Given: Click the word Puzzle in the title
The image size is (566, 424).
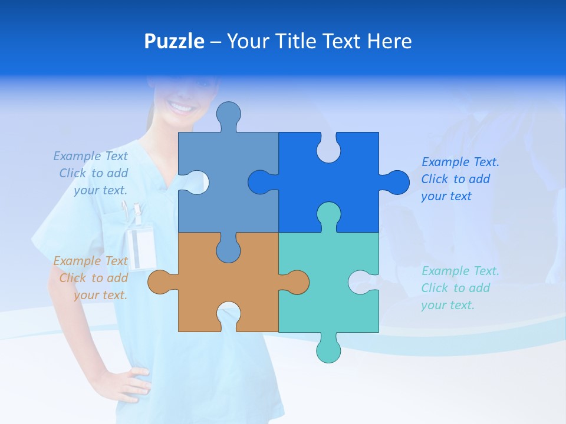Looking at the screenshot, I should (174, 41).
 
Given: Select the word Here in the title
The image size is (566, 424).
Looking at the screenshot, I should (389, 41).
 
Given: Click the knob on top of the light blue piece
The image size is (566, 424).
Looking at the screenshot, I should (228, 114).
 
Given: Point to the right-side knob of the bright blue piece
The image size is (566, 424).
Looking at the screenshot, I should (396, 183).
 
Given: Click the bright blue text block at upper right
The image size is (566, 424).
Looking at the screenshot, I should (459, 179).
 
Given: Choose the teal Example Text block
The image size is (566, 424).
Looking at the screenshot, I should (459, 288).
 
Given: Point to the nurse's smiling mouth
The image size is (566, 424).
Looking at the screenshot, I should (181, 108).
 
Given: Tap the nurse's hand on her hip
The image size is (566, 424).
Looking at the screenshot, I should (126, 383).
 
